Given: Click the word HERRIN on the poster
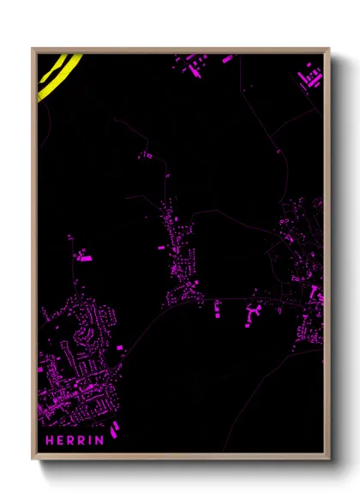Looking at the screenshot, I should tap(75, 441).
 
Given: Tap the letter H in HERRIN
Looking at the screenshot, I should tap(49, 441).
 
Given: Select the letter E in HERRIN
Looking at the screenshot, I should tap(60, 441).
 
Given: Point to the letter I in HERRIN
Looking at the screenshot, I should tap(91, 441).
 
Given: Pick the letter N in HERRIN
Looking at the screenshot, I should tap(100, 441).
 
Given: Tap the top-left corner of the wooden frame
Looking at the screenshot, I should tap(33, 49).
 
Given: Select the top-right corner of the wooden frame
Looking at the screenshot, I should tap(328, 49).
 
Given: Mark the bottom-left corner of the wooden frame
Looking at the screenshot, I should tap(33, 459).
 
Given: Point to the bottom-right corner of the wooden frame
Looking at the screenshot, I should tap(328, 459).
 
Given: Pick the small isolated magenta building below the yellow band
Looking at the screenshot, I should tap(146, 155).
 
